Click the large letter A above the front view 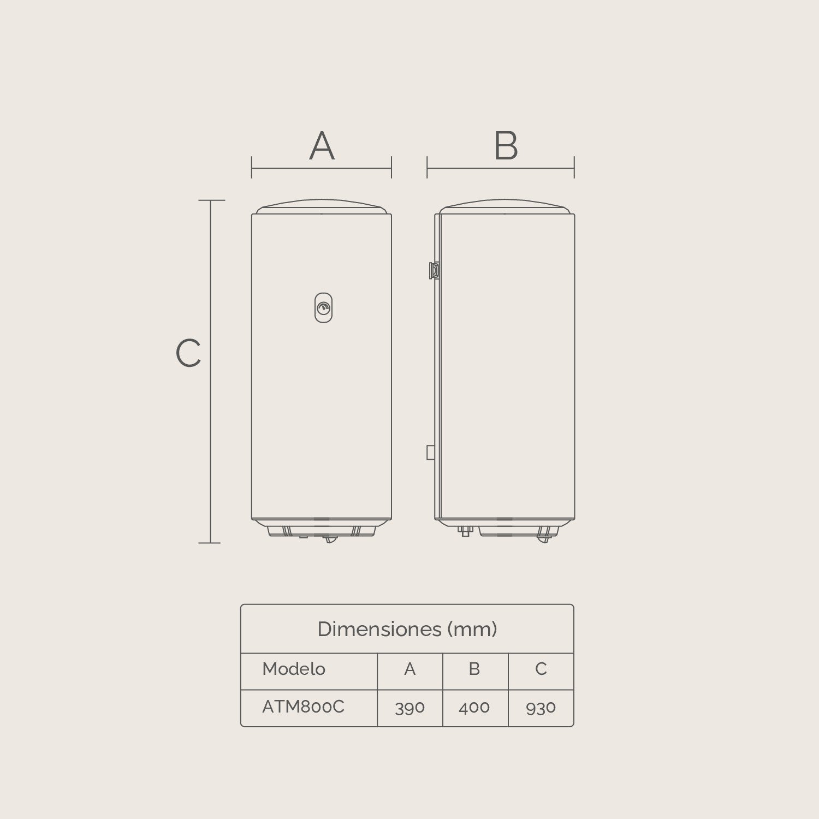[322, 146]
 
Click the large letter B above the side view [506, 146]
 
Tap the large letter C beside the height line [188, 353]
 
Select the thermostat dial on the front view [323, 307]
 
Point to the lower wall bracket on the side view [431, 453]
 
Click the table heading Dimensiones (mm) [407, 629]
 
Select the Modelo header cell [294, 669]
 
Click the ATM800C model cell [304, 707]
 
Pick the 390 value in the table [410, 708]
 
